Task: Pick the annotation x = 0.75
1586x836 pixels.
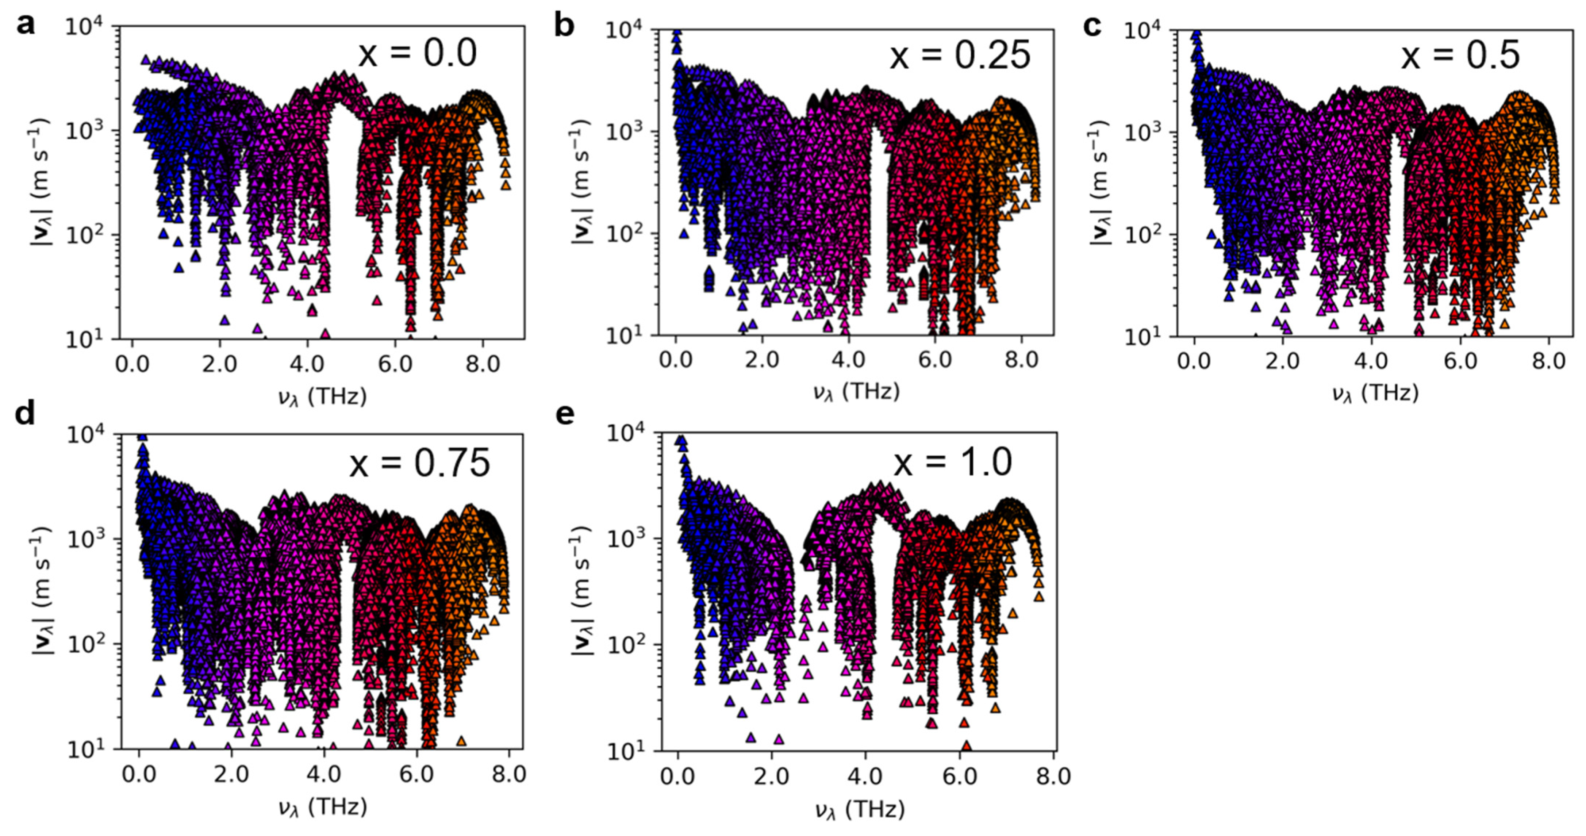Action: [420, 463]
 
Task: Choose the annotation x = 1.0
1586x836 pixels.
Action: [952, 462]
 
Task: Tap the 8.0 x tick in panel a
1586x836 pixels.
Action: [483, 364]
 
